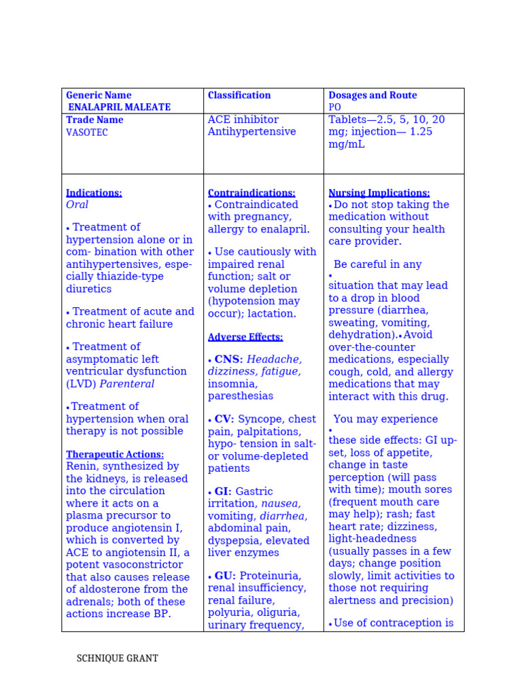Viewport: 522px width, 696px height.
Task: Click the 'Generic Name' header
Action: pyautogui.click(x=99, y=95)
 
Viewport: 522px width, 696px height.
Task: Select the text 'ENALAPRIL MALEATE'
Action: pyautogui.click(x=120, y=107)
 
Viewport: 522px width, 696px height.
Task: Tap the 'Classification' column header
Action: pyautogui.click(x=239, y=95)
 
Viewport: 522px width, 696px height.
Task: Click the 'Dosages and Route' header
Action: pyautogui.click(x=372, y=95)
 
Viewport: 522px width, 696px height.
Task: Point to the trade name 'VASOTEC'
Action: pyautogui.click(x=87, y=133)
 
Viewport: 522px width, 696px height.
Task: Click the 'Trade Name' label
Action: pyautogui.click(x=94, y=120)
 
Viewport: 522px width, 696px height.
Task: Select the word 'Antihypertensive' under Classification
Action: pyautogui.click(x=251, y=132)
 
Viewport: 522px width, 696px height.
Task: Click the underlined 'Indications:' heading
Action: pyautogui.click(x=94, y=193)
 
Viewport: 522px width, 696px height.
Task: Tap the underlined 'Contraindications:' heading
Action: pyautogui.click(x=251, y=193)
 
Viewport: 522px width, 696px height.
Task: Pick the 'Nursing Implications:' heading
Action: pyautogui.click(x=379, y=193)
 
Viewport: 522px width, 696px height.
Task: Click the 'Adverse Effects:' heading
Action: pyautogui.click(x=245, y=337)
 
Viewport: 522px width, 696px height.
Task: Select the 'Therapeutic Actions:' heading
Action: pyautogui.click(x=115, y=454)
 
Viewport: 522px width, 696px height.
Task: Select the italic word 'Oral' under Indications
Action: pyautogui.click(x=77, y=205)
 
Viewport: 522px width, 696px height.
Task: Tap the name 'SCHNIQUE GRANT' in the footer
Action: pyautogui.click(x=117, y=659)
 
